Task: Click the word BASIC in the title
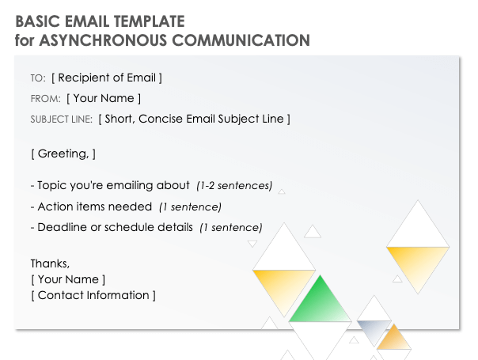tap(35, 21)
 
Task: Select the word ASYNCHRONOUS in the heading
tap(94, 40)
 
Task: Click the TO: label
tap(38, 78)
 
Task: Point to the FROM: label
tap(45, 99)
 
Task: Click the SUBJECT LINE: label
tap(61, 119)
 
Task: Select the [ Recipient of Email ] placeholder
tap(107, 78)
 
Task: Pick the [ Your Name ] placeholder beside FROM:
tap(104, 98)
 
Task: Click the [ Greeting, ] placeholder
tap(63, 153)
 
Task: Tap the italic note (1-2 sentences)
tap(234, 186)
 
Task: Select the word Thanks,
tap(50, 263)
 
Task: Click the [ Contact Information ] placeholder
tap(93, 295)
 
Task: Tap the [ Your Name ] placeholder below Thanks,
tap(67, 279)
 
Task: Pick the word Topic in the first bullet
tap(52, 186)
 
